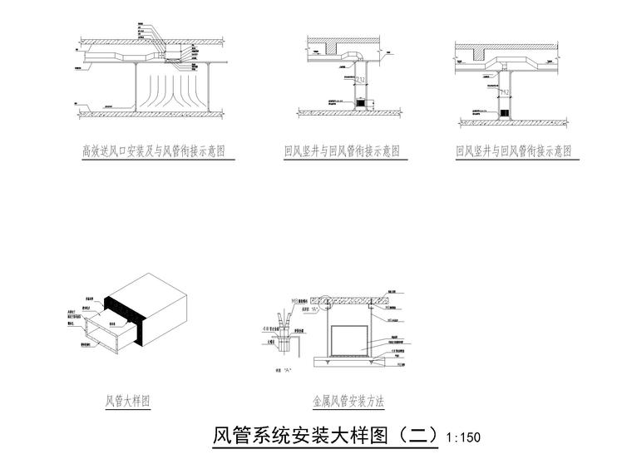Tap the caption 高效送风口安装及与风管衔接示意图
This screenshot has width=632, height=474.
coord(154,151)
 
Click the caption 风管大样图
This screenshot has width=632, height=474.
coord(127,401)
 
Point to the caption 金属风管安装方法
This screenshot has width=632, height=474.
coord(348,401)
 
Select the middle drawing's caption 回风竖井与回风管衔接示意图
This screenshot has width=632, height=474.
coord(342,151)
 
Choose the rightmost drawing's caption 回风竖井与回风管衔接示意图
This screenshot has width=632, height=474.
coord(514,151)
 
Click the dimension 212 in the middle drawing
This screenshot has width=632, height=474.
coord(360,80)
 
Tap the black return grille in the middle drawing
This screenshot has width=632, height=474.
coord(361,104)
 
